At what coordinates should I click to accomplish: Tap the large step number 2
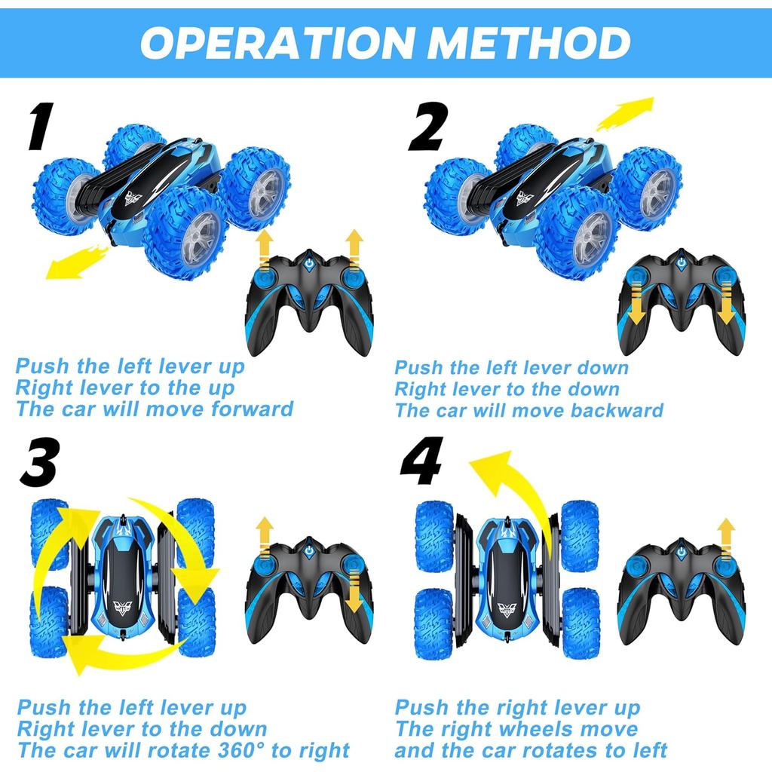tap(427, 127)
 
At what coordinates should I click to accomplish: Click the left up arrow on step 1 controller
tap(264, 250)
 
